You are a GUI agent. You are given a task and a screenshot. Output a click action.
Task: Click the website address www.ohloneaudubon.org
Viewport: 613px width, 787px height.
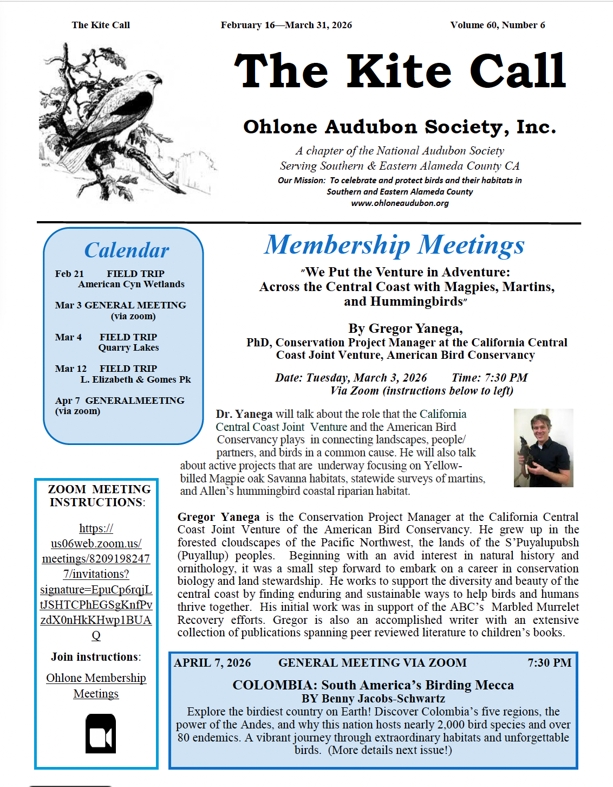(x=400, y=203)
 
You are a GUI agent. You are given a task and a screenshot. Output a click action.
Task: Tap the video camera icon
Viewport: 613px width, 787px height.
(x=101, y=734)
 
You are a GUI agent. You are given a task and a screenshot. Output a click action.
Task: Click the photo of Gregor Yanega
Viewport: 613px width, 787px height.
(x=543, y=448)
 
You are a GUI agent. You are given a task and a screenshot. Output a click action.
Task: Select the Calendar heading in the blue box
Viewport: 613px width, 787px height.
(x=127, y=250)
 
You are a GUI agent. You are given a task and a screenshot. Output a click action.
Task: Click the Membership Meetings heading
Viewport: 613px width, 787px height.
(x=394, y=245)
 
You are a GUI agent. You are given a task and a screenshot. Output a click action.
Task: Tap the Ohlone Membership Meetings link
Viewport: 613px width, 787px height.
(x=96, y=686)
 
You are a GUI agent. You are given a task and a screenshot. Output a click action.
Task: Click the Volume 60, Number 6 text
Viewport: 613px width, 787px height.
(x=497, y=25)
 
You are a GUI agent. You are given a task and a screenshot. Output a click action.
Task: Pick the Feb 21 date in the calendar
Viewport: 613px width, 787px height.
(x=69, y=274)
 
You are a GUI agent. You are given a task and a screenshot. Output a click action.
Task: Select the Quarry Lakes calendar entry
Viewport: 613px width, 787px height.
(x=128, y=347)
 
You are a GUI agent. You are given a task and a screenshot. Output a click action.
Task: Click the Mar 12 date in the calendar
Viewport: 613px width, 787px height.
(x=70, y=369)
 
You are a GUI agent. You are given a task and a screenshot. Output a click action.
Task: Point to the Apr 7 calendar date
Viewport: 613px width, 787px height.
(x=67, y=401)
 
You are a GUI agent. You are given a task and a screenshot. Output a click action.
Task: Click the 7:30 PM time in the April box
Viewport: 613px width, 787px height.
(x=549, y=663)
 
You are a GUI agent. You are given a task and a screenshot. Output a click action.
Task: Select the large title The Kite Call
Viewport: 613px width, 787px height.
(x=400, y=72)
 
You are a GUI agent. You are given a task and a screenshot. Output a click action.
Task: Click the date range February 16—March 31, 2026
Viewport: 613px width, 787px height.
(x=286, y=25)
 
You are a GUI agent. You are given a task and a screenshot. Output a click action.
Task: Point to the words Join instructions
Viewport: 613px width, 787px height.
(x=95, y=657)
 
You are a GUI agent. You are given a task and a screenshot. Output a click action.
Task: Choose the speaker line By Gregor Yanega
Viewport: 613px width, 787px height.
(x=405, y=328)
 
